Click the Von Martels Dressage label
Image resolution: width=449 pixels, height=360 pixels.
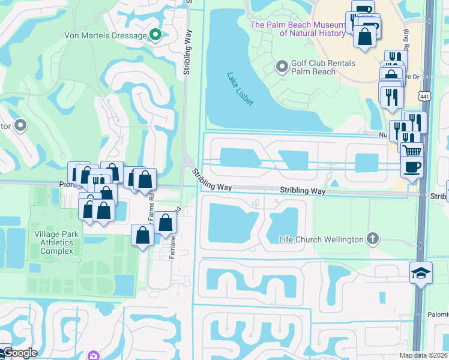point(105,36)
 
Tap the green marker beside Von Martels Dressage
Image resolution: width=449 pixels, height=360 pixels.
point(155,35)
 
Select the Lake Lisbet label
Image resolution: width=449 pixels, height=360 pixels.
point(240,89)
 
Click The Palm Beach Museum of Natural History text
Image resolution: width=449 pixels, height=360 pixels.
point(298,29)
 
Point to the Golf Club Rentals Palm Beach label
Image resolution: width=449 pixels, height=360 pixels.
point(323,67)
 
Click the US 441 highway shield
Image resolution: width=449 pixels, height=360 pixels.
point(424,97)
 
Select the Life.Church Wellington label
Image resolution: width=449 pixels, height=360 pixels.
point(321,239)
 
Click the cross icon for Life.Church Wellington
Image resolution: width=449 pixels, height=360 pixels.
point(373,239)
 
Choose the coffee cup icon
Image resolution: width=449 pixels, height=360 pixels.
point(412,166)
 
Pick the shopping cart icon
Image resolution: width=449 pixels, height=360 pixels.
point(412,152)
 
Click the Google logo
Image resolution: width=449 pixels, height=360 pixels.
point(19,353)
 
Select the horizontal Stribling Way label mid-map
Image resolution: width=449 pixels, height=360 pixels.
point(303,191)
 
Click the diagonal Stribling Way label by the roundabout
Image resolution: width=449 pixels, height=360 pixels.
point(212,181)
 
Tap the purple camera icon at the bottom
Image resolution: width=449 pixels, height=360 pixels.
point(93,356)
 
